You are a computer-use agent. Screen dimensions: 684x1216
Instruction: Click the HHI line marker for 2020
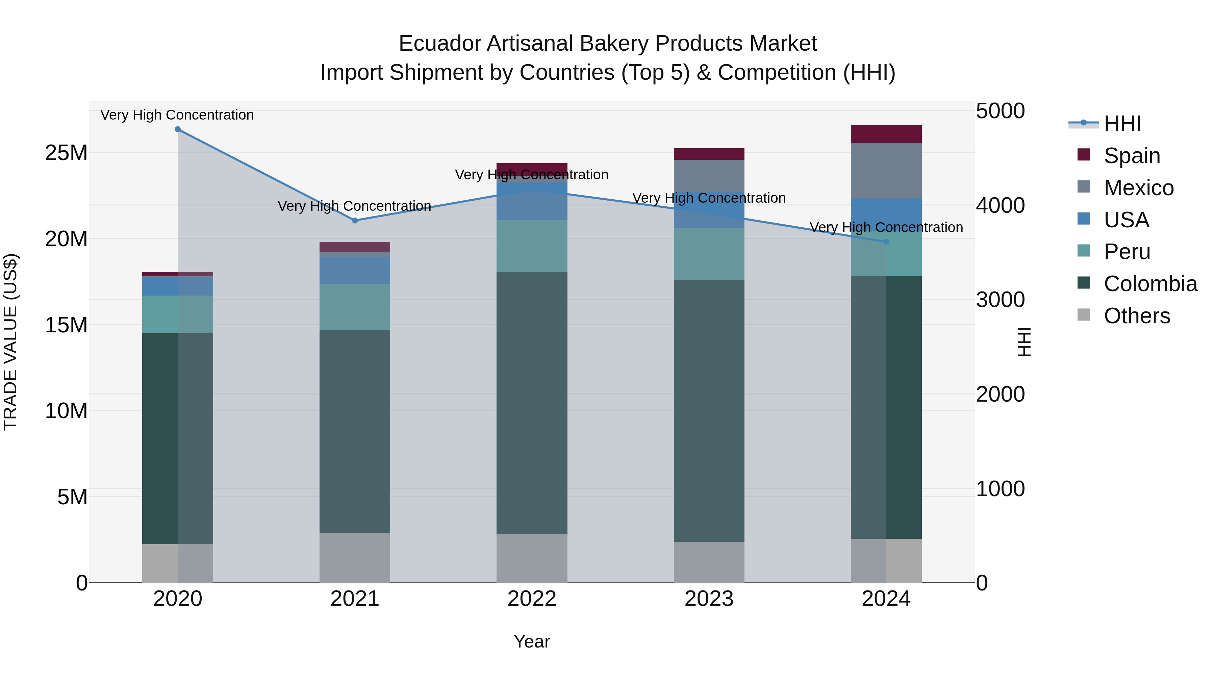coord(177,129)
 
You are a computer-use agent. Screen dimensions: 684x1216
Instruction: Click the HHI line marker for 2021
coord(355,221)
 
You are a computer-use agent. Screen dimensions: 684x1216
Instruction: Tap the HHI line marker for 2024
coord(886,242)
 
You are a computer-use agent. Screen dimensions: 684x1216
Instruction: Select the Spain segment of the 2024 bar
coord(886,134)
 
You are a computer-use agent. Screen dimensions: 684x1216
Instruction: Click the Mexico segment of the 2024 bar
coord(886,171)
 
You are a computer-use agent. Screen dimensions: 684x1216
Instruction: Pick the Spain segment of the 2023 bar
coord(709,154)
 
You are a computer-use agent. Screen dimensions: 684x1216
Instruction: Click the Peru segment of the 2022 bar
coord(532,246)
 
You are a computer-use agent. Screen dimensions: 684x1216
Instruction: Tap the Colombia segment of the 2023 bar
coord(709,411)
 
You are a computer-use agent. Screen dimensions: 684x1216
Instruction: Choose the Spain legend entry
coord(1132,156)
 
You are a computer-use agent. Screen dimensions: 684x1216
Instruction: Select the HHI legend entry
coord(1122,124)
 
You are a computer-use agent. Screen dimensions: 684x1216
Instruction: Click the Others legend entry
coord(1136,316)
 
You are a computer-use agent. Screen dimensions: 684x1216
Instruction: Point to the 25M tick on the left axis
coord(66,153)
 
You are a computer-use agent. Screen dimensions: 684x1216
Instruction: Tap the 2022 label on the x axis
coord(532,599)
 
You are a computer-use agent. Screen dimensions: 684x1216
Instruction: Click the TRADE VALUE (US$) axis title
coord(10,342)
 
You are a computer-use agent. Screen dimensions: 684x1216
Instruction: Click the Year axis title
coord(532,641)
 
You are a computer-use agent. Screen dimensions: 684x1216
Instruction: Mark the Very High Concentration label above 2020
coord(177,115)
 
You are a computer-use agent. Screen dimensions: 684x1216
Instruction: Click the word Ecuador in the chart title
coord(439,44)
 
